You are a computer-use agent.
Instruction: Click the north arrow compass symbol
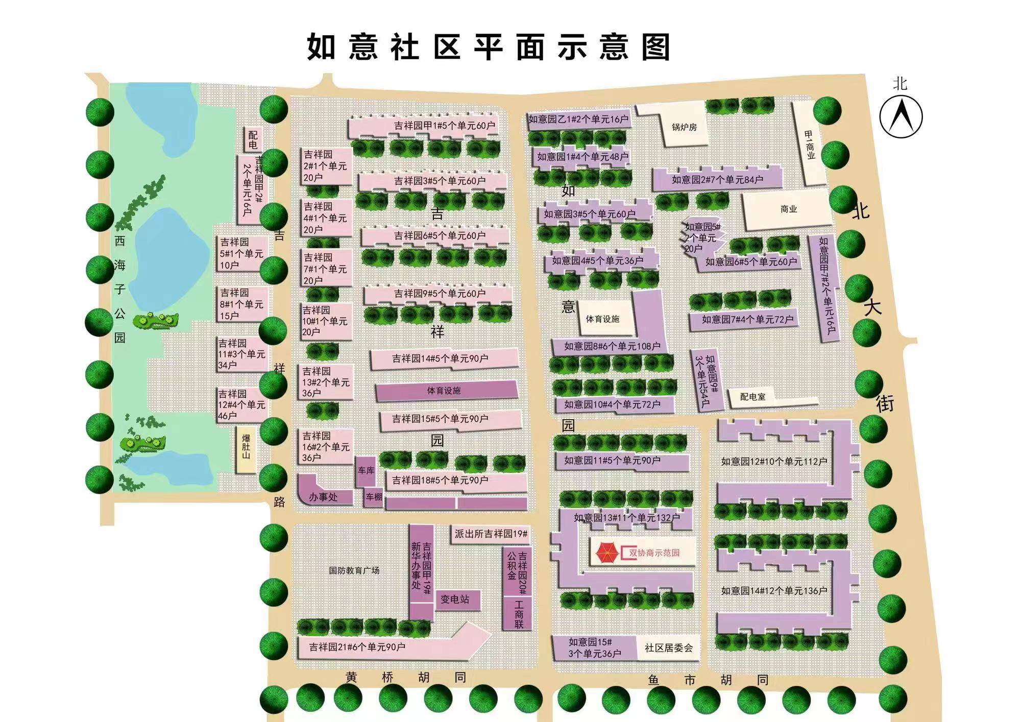(x=901, y=116)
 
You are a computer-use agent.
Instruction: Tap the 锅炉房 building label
(x=684, y=127)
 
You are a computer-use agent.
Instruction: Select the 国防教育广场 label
(x=354, y=570)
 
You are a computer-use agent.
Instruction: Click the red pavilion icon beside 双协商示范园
(x=607, y=552)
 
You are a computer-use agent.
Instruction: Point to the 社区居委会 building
(x=669, y=648)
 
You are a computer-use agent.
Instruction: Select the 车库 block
(x=366, y=470)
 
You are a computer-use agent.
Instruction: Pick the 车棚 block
(x=373, y=497)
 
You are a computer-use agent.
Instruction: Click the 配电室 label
(x=752, y=397)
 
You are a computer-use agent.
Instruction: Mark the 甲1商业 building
(x=810, y=144)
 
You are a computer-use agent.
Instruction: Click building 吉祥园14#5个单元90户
(x=440, y=359)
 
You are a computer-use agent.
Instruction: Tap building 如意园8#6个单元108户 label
(x=612, y=346)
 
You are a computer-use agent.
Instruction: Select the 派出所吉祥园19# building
(x=491, y=534)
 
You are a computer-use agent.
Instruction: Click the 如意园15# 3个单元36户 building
(x=595, y=648)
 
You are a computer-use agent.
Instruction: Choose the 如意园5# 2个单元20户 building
(x=701, y=238)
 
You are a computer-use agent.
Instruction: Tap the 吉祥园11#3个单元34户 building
(x=241, y=354)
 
